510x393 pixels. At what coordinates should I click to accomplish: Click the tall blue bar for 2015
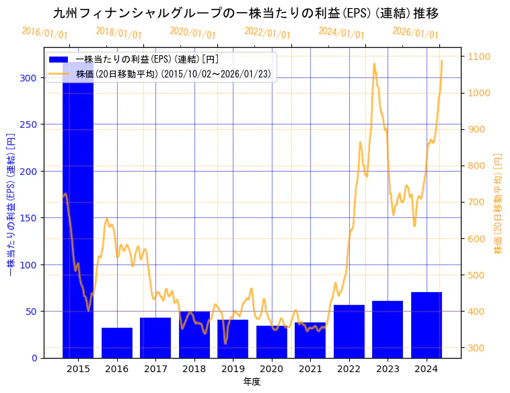click(x=78, y=215)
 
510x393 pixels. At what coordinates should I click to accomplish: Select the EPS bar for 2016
click(x=117, y=343)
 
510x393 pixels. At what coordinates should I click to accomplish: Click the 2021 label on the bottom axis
click(x=310, y=369)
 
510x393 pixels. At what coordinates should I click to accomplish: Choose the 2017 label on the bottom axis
click(x=155, y=369)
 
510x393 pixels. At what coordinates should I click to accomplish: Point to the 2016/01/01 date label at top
click(x=44, y=32)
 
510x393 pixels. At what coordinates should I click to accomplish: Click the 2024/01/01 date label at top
click(x=341, y=32)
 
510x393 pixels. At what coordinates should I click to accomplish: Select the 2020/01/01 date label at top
click(x=192, y=32)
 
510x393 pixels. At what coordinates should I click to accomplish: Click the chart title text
click(x=246, y=13)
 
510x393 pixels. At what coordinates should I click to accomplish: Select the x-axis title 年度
click(x=252, y=382)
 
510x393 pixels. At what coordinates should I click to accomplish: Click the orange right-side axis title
click(x=498, y=203)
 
